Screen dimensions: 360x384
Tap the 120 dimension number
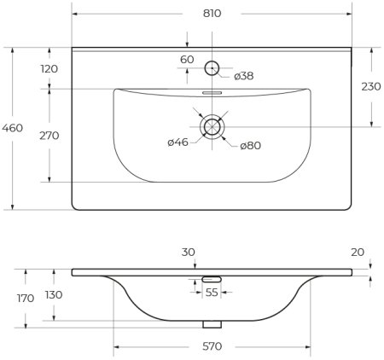tap(49, 68)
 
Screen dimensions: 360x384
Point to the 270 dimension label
tap(49, 135)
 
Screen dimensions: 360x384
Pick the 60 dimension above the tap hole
tap(187, 59)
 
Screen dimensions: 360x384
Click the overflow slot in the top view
tap(212, 93)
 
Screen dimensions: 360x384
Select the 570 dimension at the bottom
tap(212, 346)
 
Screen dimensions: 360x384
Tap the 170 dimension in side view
tap(25, 299)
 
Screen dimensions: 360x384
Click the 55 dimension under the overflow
tap(211, 293)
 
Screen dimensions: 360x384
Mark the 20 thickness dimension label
tap(356, 252)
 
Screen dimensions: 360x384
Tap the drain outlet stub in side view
tap(211, 323)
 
